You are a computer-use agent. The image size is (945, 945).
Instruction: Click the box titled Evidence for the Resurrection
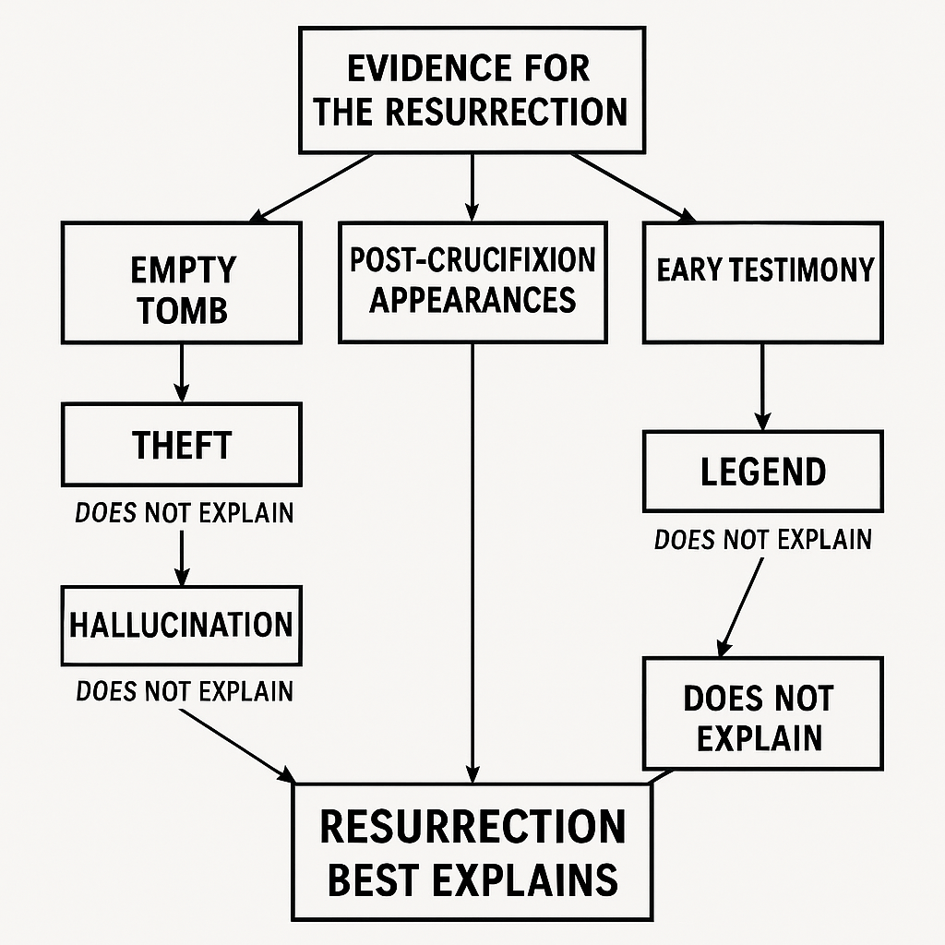[x=472, y=90]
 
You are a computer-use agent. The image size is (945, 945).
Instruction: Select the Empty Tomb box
[x=182, y=281]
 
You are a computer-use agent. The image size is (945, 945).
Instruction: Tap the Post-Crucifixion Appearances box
[x=472, y=281]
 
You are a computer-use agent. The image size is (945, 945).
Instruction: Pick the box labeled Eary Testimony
[x=763, y=281]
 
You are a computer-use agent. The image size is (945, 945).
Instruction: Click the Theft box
[x=182, y=445]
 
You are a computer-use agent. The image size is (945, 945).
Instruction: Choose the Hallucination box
[x=182, y=625]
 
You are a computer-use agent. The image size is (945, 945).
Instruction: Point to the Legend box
[x=763, y=471]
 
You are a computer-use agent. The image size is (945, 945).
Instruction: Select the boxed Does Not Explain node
[x=761, y=713]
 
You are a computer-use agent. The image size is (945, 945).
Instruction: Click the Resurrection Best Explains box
[x=472, y=851]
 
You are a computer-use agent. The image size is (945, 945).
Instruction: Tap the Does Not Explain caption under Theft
[x=184, y=512]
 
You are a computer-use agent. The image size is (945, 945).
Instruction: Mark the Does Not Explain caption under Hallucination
[x=185, y=691]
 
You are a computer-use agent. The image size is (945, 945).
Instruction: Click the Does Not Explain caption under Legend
[x=763, y=539]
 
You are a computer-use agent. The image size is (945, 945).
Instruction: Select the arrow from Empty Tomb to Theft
[x=182, y=373]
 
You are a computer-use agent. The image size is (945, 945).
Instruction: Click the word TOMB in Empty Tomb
[x=183, y=310]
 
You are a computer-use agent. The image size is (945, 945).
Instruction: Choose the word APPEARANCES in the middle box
[x=472, y=299]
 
